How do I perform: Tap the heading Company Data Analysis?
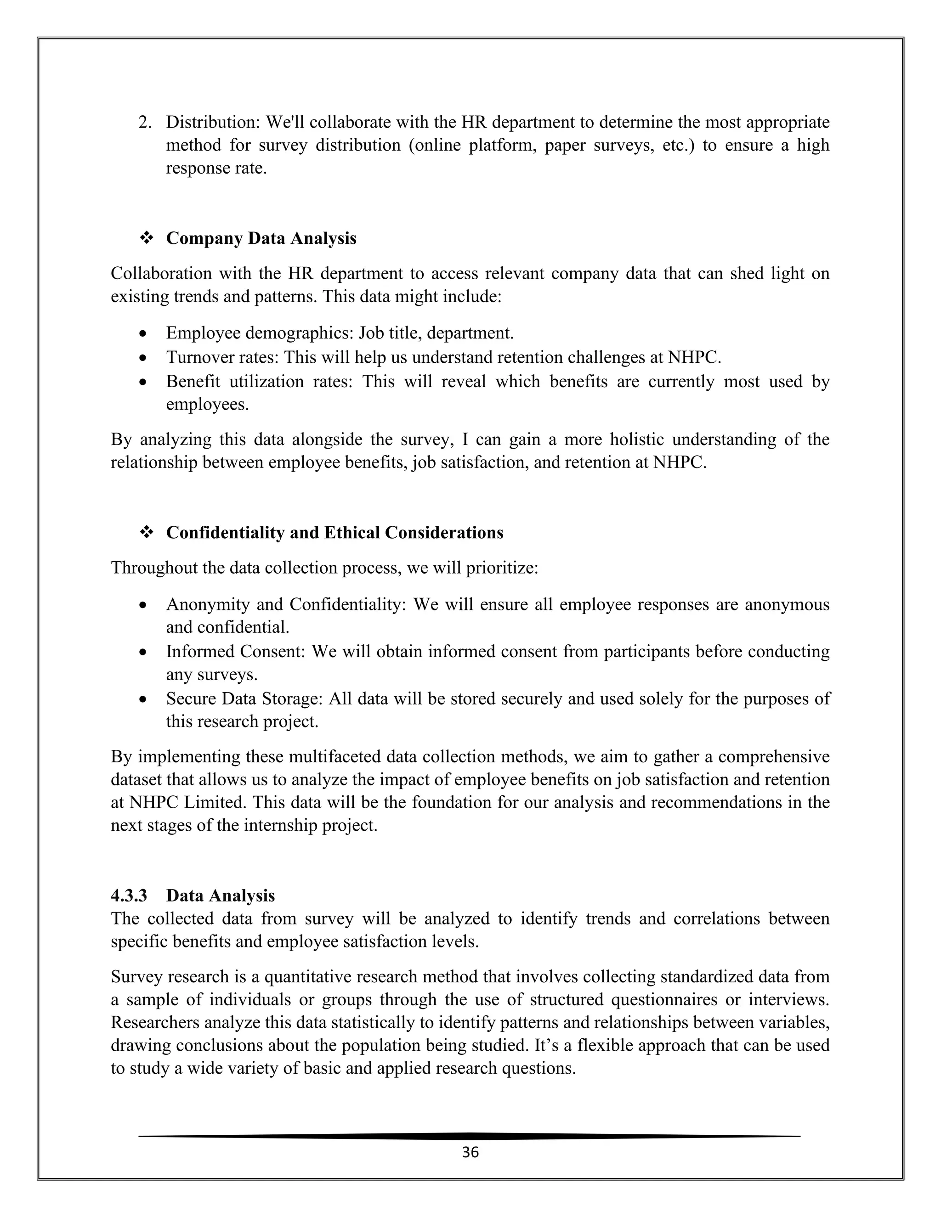(261, 238)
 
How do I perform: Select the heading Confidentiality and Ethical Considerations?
(334, 533)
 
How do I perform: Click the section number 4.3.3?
(129, 896)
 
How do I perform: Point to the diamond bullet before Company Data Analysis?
(147, 238)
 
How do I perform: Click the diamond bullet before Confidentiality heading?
(147, 533)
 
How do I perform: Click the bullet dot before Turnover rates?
(143, 358)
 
